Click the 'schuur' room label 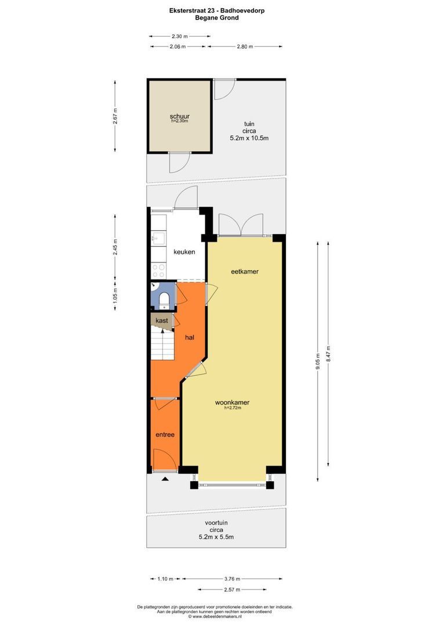point(179,116)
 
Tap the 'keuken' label point(184,252)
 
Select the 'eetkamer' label point(244,271)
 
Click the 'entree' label point(165,434)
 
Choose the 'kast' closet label point(162,321)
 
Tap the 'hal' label point(189,337)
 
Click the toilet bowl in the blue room point(165,299)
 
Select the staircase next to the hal point(162,345)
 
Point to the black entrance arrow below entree point(165,479)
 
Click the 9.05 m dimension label point(317,361)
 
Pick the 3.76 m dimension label point(233,578)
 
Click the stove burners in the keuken point(158,271)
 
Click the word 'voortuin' point(216,523)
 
